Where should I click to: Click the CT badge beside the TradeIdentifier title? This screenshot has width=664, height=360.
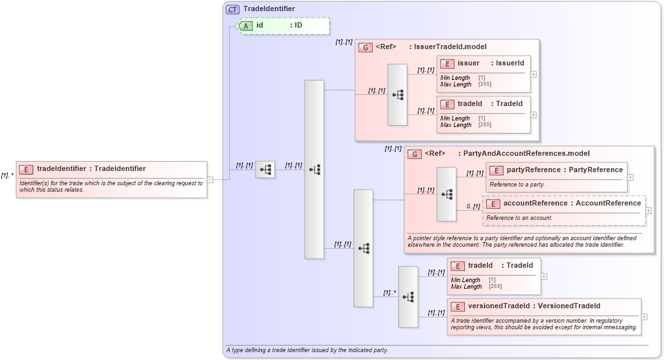coord(232,9)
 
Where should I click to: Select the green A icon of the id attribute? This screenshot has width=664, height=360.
coord(246,26)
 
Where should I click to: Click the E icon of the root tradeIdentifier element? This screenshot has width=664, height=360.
coord(26,169)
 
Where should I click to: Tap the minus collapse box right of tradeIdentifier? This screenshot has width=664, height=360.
coord(210,180)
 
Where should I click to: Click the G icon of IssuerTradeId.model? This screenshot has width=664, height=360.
coord(365,47)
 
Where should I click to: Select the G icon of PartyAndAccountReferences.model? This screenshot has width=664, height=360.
coord(414,154)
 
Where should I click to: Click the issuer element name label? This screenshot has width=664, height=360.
coord(468,63)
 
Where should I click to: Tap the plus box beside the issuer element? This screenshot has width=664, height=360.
coord(534,74)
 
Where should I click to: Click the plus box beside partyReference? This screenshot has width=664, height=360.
coord(630,177)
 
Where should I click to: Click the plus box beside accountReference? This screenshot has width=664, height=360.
coord(648,211)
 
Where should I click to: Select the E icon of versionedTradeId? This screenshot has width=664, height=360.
coord(457,306)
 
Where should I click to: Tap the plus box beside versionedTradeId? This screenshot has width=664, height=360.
coord(644,317)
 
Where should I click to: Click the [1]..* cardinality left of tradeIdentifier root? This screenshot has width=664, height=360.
coord(7,175)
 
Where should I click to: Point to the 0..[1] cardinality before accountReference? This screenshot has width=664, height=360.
coord(473,207)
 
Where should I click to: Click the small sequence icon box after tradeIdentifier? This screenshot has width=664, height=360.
coord(265,170)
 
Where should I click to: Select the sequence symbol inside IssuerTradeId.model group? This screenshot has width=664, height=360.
coord(397,94)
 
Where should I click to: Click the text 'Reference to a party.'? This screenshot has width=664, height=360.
coord(517,185)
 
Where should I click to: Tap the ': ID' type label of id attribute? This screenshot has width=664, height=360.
coord(296,26)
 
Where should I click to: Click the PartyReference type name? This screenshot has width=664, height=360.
coord(595,170)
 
